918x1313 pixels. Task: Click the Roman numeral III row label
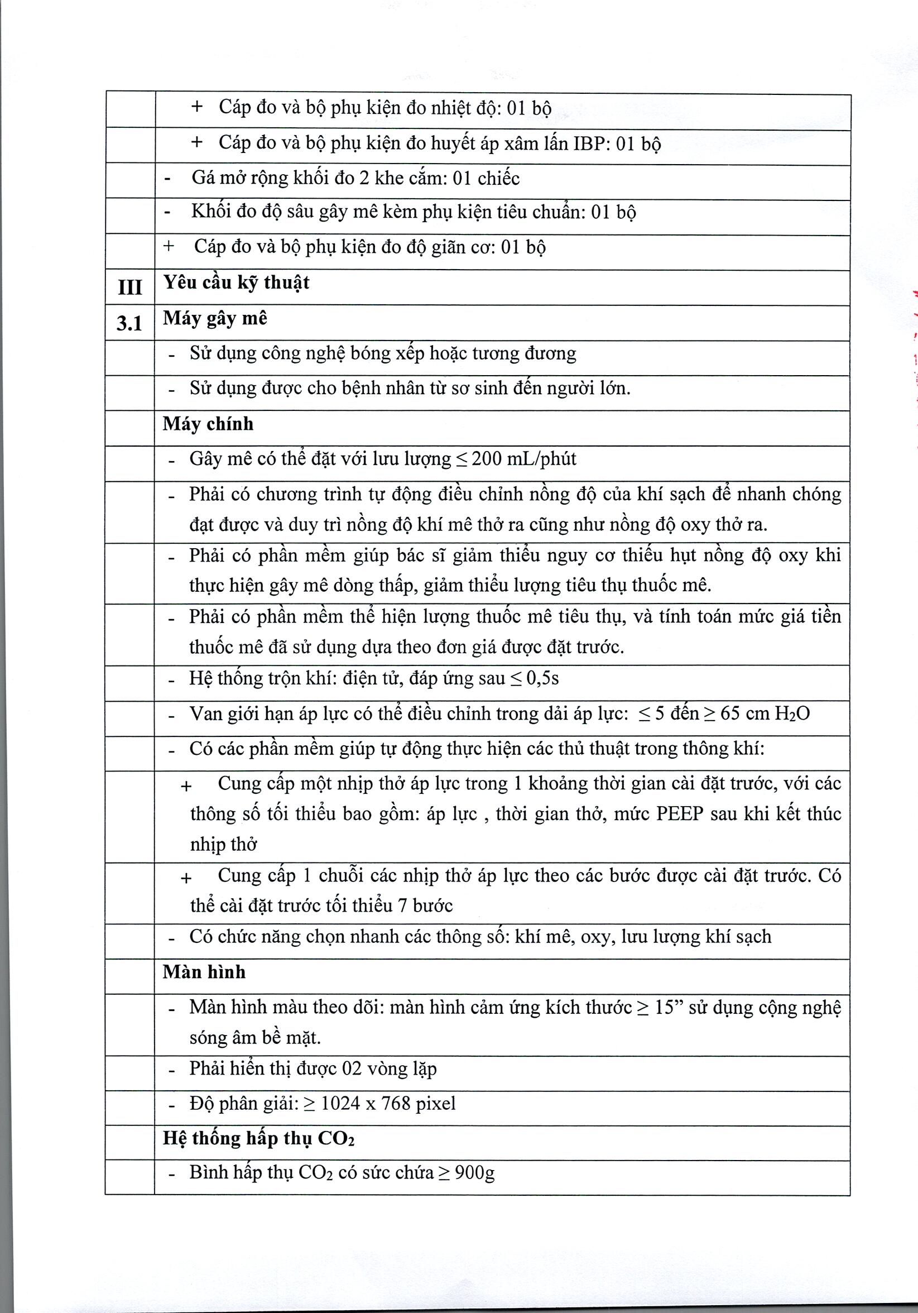(130, 286)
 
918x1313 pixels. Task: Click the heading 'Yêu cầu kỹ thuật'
(236, 282)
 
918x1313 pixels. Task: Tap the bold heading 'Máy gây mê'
(215, 318)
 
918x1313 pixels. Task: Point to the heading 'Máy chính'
(208, 424)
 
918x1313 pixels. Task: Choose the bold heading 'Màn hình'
(204, 971)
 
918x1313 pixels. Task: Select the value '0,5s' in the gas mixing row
(542, 678)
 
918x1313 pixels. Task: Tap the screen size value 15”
(669, 1007)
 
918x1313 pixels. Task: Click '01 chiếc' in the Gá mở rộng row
(486, 179)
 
